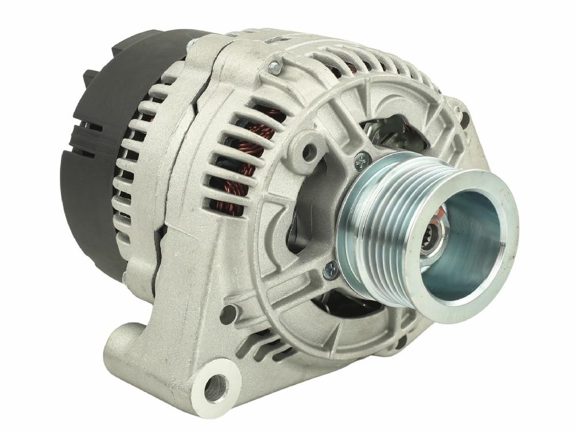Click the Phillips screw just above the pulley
pos(362,161)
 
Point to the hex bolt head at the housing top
pos(275,68)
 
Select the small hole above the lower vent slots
pos(228,314)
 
